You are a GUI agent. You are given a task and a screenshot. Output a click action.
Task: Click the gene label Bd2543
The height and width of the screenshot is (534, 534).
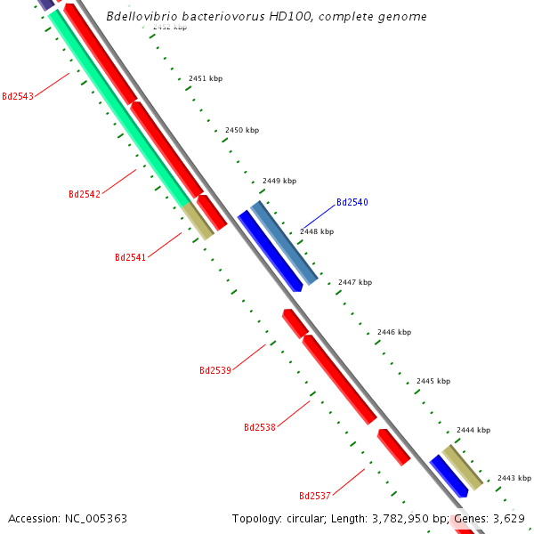[x=18, y=96]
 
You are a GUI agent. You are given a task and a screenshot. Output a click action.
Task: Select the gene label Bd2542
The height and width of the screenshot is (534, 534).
[x=85, y=194]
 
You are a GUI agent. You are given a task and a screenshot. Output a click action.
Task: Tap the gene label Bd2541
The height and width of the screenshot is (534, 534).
[x=131, y=257]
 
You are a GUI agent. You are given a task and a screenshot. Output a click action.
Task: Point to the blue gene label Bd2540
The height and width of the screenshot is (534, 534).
[x=352, y=202]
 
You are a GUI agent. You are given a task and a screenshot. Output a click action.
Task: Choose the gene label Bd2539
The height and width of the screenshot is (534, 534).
[x=215, y=369]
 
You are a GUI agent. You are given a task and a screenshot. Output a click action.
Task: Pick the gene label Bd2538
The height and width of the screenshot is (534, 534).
[x=260, y=427]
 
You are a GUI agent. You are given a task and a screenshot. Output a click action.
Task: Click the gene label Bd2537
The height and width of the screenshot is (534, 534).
[x=315, y=496]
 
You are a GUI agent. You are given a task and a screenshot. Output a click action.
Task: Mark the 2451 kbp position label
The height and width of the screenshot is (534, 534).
[x=206, y=78]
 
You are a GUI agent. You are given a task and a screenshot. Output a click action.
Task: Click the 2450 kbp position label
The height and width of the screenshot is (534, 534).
[x=242, y=130]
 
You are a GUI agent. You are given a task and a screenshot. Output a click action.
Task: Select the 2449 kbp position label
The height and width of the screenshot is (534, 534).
[x=279, y=181]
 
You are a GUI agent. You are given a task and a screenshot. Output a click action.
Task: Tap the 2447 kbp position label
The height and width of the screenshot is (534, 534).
[x=355, y=282]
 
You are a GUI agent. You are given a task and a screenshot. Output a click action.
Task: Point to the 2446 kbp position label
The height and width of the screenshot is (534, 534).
[x=394, y=332]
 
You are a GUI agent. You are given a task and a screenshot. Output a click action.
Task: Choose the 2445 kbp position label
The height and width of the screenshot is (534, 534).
[x=433, y=381]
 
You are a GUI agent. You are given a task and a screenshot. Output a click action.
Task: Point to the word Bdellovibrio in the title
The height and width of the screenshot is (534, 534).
[x=141, y=17]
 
